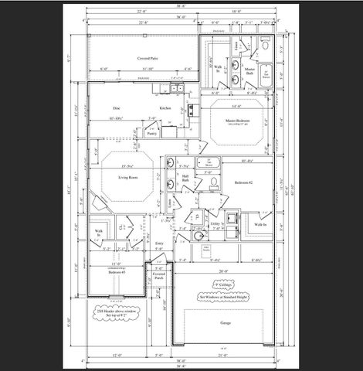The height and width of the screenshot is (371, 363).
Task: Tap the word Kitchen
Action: click(x=165, y=107)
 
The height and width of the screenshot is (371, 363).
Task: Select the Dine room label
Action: click(x=117, y=107)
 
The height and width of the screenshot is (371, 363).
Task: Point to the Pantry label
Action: click(x=151, y=132)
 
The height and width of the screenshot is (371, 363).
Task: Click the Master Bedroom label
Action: click(x=236, y=120)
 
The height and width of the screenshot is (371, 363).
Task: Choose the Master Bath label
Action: click(x=250, y=70)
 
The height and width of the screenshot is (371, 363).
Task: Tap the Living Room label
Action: click(x=127, y=177)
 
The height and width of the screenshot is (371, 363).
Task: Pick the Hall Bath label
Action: click(x=185, y=179)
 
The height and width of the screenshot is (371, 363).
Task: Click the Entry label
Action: click(x=159, y=243)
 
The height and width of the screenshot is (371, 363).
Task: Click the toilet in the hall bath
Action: click(x=212, y=181)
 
